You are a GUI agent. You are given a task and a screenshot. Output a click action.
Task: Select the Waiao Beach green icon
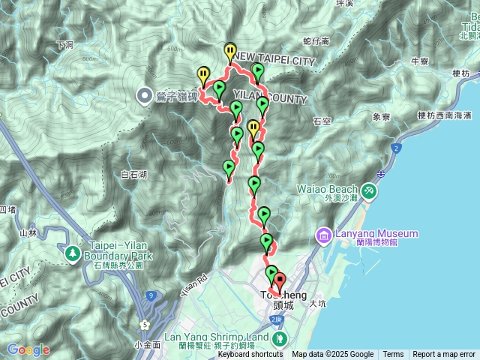point(369,190)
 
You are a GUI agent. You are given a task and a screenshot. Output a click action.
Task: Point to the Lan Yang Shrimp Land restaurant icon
point(279,338)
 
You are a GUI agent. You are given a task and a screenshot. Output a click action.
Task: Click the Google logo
point(28,349)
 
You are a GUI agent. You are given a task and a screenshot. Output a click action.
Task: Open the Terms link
point(393,355)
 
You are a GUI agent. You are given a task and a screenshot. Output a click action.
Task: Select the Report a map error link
point(444,355)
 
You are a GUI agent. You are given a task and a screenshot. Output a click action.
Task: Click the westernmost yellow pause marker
point(203,73)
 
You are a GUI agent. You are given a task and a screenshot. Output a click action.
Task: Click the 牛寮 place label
point(419,61)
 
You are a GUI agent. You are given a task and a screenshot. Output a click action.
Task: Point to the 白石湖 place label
point(133,174)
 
